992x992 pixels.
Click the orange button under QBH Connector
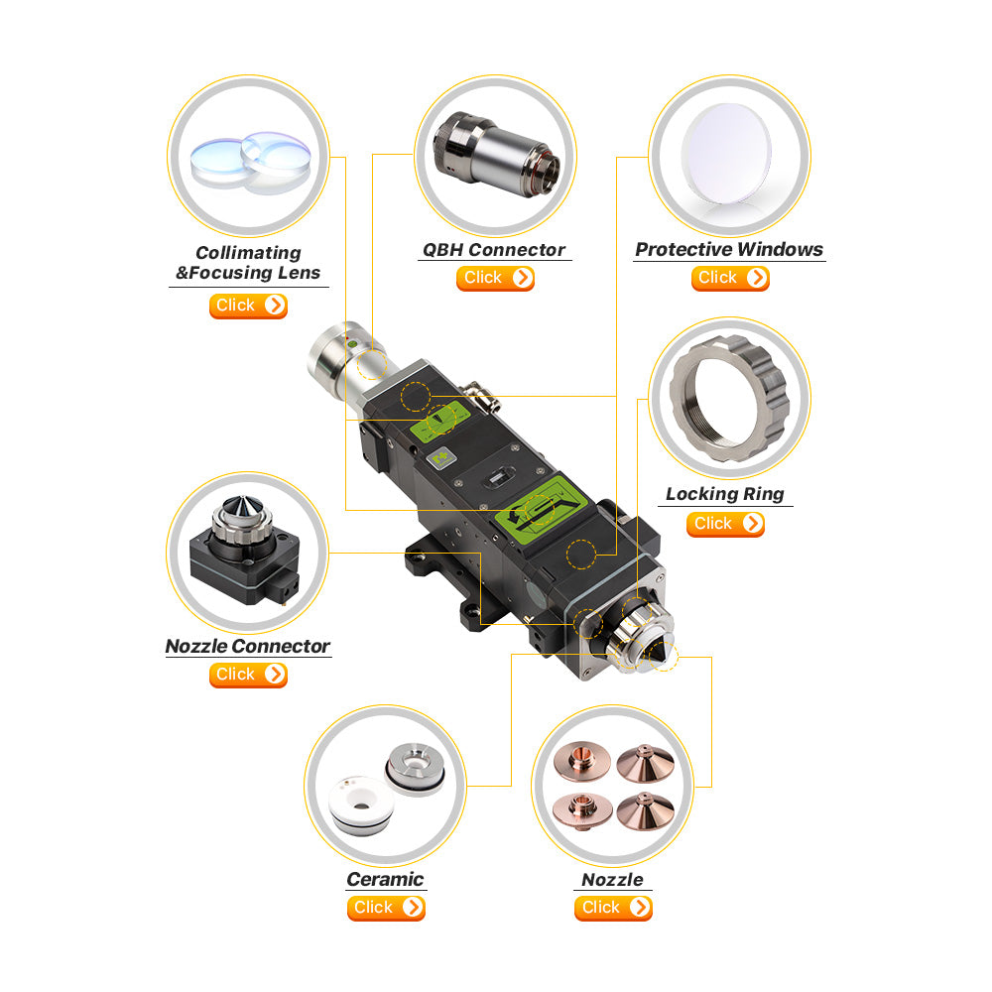point(495,279)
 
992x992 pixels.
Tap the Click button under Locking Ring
point(725,525)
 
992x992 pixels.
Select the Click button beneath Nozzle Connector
point(248,675)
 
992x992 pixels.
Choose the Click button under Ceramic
point(386,908)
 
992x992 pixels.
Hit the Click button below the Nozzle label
point(613,908)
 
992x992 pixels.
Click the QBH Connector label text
point(494,250)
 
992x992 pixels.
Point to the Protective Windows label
point(729,249)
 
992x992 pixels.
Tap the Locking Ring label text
point(725,494)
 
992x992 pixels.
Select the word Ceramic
point(385,879)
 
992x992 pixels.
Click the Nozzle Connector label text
point(248,646)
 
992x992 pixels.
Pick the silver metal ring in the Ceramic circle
point(415,768)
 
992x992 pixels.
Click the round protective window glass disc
point(726,154)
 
